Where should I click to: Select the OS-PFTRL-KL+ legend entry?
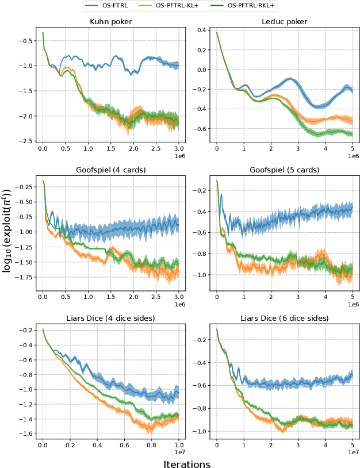(177, 6)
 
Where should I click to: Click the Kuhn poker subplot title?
(110, 22)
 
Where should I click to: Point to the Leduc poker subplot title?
(285, 22)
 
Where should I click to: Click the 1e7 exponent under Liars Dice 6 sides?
(352, 454)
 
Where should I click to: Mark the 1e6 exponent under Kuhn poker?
(178, 156)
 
